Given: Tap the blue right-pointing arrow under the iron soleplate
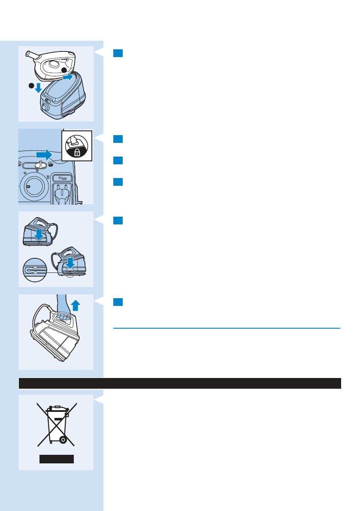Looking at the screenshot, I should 68,78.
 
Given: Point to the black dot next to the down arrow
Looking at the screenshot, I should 31,86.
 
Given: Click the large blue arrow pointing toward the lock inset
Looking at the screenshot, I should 44,154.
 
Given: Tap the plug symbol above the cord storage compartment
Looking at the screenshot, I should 62,178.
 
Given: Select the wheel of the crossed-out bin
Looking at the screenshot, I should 63,439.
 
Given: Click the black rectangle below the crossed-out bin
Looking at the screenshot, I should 57,459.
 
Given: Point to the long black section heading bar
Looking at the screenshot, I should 179,383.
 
